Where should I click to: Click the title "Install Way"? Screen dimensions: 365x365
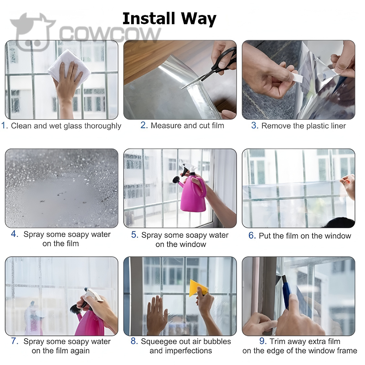169,19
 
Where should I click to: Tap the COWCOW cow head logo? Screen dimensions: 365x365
32,31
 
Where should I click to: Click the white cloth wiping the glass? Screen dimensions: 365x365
69,65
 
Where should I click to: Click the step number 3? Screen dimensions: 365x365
255,125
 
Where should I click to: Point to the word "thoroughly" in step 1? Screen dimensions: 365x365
103,126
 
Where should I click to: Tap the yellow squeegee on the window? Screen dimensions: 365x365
198,288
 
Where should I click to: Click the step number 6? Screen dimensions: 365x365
252,235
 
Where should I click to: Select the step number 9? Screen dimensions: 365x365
263,341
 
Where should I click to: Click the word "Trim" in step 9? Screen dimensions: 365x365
278,341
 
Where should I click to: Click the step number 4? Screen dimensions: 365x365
14,234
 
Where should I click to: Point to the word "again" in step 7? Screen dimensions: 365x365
79,351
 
